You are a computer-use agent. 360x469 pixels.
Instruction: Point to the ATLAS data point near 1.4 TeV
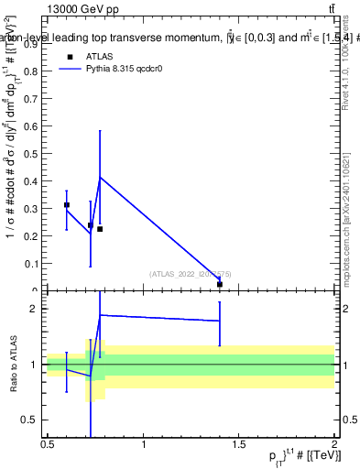[220, 284]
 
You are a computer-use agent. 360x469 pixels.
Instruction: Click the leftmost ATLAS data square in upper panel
[66, 205]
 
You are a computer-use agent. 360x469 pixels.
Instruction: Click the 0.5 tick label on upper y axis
[31, 154]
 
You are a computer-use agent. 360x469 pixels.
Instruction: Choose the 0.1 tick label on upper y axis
[31, 264]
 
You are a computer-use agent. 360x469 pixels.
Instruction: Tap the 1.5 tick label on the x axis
[239, 444]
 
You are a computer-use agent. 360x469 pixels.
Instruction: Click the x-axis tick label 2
[334, 444]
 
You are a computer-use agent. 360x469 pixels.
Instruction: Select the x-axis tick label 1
[143, 444]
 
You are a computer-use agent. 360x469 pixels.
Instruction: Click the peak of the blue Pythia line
[100, 177]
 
